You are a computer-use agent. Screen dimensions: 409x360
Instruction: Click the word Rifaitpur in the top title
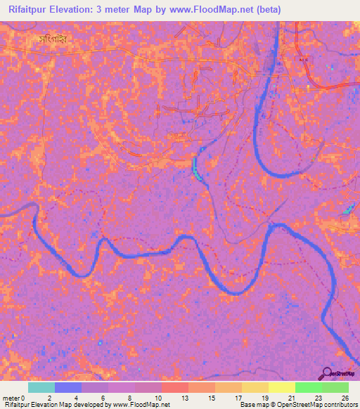click(x=33, y=10)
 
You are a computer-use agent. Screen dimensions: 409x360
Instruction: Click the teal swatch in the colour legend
click(x=41, y=387)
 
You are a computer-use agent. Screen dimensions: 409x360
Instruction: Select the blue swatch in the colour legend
click(x=68, y=387)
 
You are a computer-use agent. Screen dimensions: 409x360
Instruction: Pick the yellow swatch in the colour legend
click(x=281, y=387)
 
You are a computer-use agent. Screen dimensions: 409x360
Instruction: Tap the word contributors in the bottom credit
click(x=335, y=405)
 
